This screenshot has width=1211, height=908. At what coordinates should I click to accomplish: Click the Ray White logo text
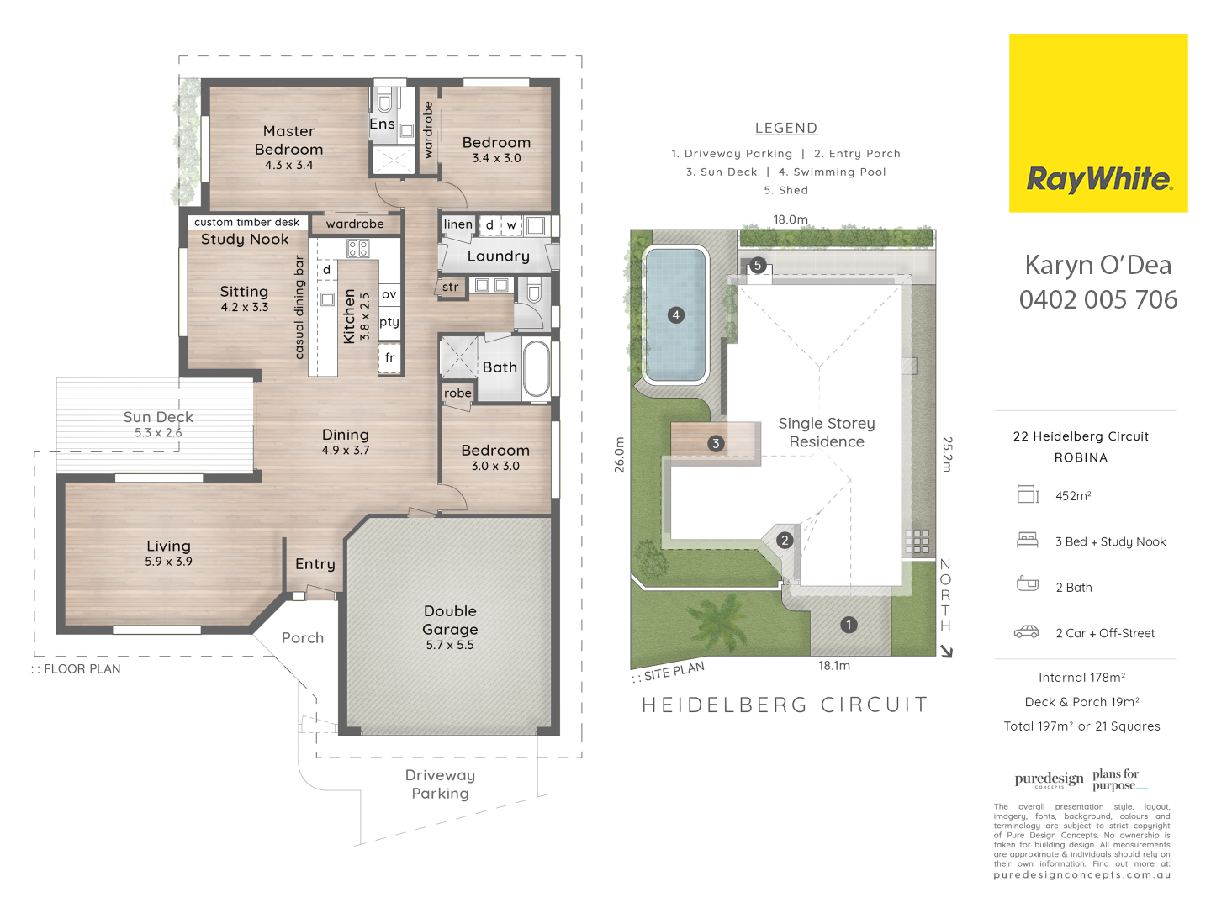(x=1098, y=179)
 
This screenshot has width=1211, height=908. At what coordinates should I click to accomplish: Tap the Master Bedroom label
(x=288, y=140)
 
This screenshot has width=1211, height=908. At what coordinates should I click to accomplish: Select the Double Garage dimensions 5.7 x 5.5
(x=450, y=645)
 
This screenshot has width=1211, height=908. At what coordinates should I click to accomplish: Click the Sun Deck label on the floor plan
(x=158, y=417)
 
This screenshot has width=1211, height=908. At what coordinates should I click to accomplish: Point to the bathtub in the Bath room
(x=536, y=369)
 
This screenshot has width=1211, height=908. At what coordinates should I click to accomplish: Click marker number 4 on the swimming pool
(x=676, y=315)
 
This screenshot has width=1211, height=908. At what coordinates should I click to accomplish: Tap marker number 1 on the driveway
(x=849, y=625)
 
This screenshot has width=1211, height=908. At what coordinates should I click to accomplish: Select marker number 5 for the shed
(x=758, y=265)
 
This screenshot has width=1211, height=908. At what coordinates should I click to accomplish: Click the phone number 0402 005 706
(x=1098, y=300)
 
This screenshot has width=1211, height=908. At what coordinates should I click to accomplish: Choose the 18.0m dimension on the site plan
(x=790, y=219)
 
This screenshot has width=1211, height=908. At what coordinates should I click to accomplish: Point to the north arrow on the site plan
(x=946, y=652)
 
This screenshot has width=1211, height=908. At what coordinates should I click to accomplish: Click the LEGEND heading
(x=786, y=129)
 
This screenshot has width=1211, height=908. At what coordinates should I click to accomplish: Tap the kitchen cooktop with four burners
(x=358, y=249)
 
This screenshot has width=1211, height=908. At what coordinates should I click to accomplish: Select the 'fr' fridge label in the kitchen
(x=389, y=357)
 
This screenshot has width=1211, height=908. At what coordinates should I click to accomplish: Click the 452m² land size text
(x=1073, y=496)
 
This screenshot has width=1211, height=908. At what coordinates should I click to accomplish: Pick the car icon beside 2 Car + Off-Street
(x=1026, y=631)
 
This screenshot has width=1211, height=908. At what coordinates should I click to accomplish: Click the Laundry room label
(x=498, y=256)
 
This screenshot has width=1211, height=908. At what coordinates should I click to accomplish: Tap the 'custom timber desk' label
(x=246, y=222)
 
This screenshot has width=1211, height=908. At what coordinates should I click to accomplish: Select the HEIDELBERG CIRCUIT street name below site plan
(x=785, y=705)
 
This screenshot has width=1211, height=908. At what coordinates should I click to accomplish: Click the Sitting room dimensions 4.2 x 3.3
(x=245, y=307)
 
